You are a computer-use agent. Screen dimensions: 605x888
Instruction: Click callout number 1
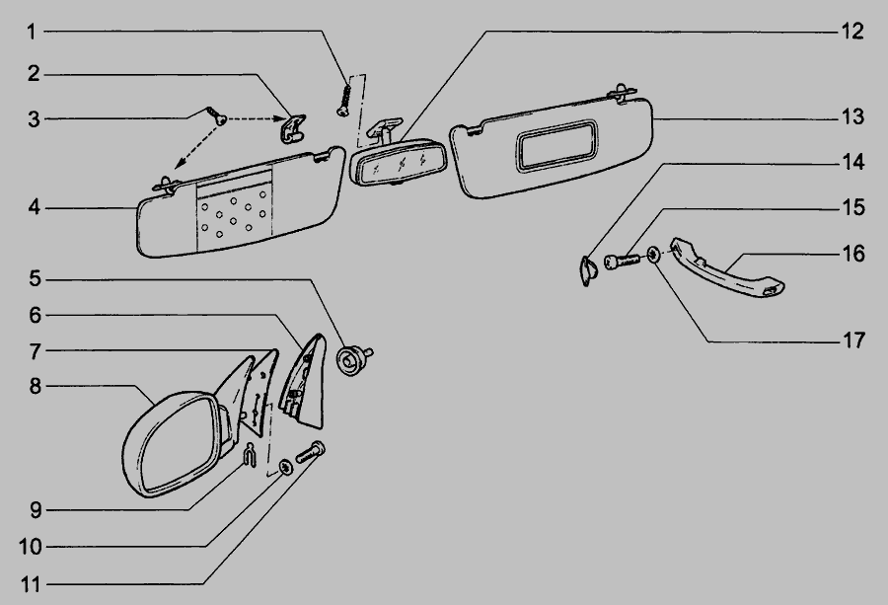[x=32, y=33]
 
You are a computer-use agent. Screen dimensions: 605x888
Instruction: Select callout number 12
[x=852, y=32]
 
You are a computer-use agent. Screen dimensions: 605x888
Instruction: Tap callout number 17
[x=852, y=341]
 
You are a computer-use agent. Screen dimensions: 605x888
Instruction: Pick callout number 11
[x=32, y=584]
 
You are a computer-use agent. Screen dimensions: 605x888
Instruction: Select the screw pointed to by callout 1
[x=345, y=99]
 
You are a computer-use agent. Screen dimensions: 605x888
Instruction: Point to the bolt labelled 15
[x=620, y=264]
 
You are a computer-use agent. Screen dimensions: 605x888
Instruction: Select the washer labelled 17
[x=653, y=259]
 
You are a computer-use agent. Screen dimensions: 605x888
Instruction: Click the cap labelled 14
[x=586, y=268]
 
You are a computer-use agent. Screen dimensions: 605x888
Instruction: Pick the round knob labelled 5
[x=351, y=359]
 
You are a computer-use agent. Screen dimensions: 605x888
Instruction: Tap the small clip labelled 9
[x=252, y=456]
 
